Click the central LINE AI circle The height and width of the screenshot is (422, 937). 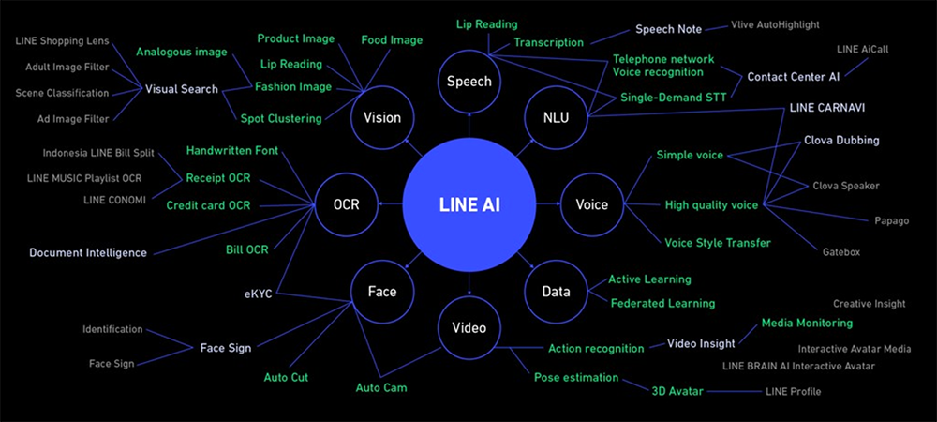pos(468,204)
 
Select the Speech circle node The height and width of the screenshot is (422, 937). pos(468,82)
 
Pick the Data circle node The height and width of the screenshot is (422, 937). pos(556,292)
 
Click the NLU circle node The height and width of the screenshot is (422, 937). pos(556,117)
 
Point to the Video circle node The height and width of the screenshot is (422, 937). pos(468,327)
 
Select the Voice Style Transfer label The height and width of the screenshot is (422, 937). pos(717,243)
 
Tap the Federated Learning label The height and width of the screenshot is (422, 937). pos(662,303)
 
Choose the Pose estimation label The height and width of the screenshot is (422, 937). pos(576,377)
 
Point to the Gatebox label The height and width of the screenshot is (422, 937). pos(840,252)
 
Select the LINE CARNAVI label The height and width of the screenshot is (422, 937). pos(826,108)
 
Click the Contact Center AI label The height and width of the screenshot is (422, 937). pos(793,76)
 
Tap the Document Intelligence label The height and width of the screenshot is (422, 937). pos(88,252)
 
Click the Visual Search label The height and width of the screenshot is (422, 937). pos(182,89)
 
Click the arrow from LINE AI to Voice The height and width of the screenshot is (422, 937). pos(547,204)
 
